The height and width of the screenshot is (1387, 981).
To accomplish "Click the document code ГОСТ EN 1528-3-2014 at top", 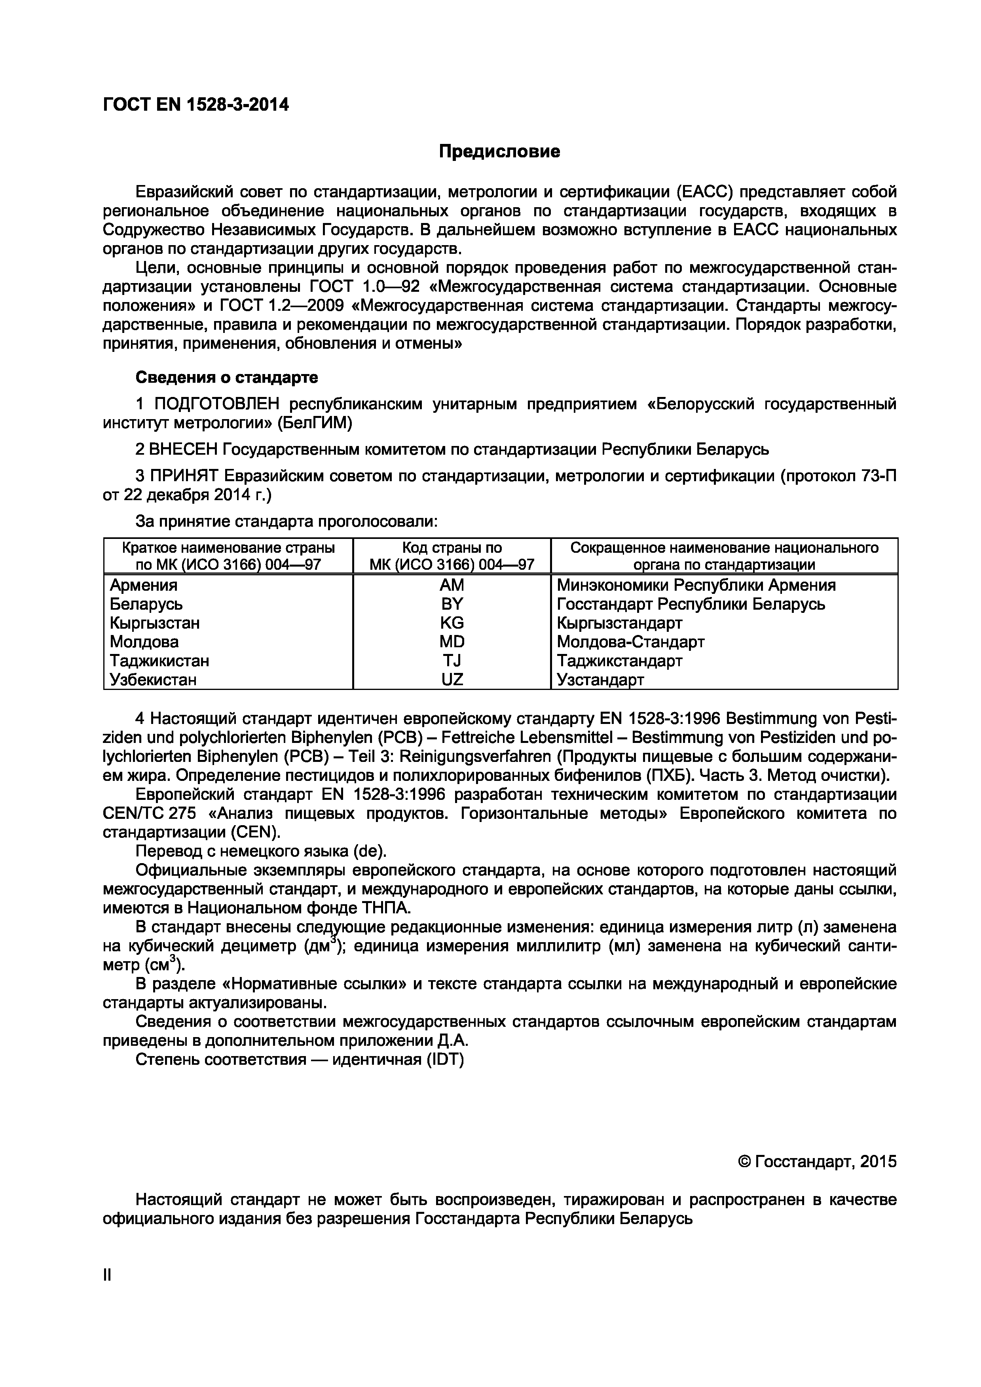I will (x=196, y=105).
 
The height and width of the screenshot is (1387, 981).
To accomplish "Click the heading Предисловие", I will (x=499, y=151).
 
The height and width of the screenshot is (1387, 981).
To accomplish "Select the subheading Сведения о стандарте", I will (x=227, y=378).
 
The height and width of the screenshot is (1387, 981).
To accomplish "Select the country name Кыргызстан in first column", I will (x=155, y=623).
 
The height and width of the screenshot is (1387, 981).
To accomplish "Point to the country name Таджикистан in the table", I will (x=159, y=660).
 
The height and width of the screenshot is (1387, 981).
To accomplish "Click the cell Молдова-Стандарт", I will (x=630, y=642).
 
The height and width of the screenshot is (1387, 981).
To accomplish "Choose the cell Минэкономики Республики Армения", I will (x=696, y=585).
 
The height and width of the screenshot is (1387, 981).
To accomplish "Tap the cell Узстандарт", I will (x=600, y=680).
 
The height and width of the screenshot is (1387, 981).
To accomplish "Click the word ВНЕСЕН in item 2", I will (x=182, y=450).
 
